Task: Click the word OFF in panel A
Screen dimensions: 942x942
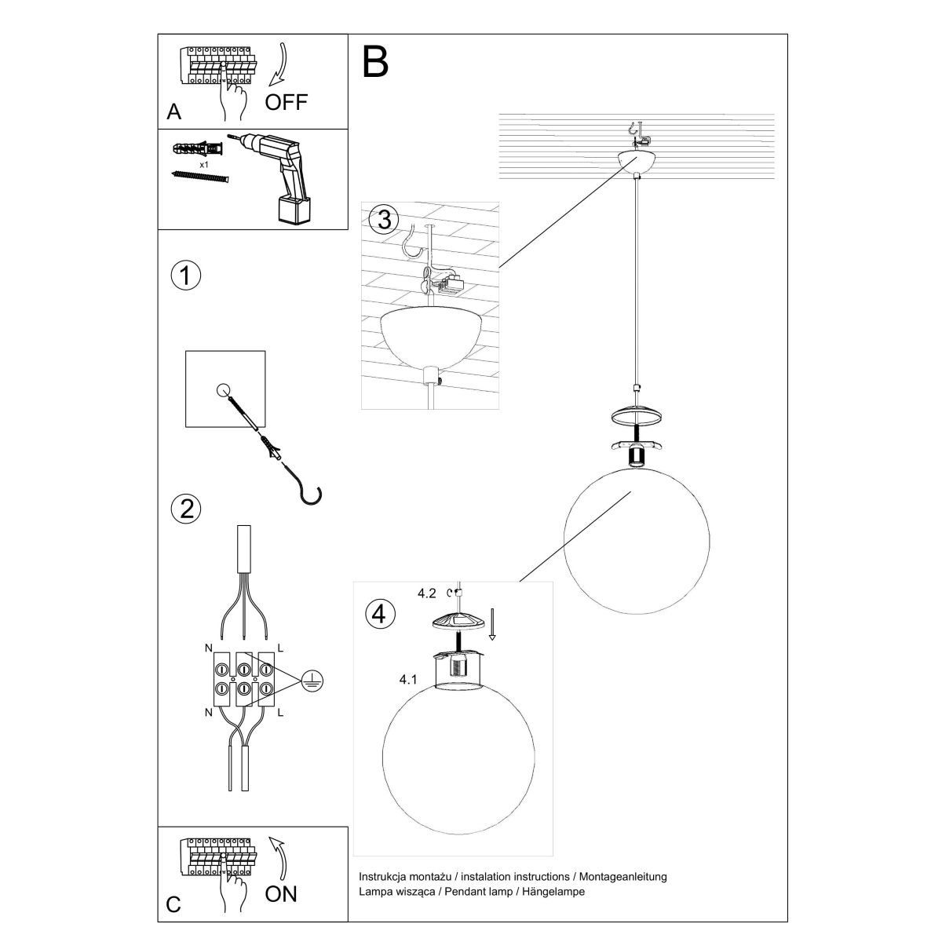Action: click(x=287, y=101)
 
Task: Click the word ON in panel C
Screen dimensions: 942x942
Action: click(x=281, y=893)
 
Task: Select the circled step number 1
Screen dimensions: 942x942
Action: click(x=186, y=276)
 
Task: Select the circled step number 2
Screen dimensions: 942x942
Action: click(x=186, y=509)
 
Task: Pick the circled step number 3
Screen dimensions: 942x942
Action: click(x=383, y=220)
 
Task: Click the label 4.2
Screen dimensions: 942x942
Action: click(x=428, y=593)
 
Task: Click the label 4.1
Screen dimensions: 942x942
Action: click(x=407, y=680)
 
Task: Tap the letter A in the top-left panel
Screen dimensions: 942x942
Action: click(x=174, y=112)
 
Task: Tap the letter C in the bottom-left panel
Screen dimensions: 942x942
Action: click(x=174, y=904)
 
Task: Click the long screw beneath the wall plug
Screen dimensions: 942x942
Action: click(x=199, y=177)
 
